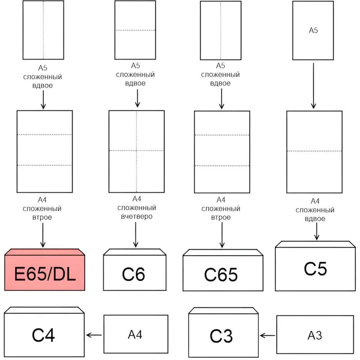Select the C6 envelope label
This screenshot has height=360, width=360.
[134, 274]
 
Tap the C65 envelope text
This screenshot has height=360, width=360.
[221, 274]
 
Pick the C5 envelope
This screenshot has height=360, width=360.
[315, 269]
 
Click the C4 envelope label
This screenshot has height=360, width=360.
[43, 335]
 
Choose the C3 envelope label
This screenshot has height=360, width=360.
[221, 336]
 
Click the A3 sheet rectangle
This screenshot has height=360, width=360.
[315, 334]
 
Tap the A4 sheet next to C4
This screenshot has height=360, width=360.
[135, 334]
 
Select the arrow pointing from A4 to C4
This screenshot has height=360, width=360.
[94, 335]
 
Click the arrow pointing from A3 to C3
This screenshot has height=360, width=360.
[268, 335]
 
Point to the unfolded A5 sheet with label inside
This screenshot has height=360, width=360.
[313, 31]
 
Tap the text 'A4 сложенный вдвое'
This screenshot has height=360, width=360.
[315, 210]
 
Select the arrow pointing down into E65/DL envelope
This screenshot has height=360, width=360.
[43, 235]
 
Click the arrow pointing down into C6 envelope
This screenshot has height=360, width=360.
[135, 235]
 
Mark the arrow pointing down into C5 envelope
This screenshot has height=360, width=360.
[317, 231]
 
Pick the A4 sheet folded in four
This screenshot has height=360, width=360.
[136, 151]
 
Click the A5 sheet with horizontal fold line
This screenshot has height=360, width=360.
[135, 30]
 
